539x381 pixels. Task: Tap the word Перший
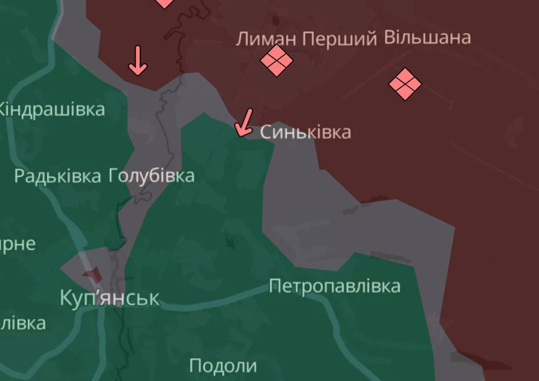coord(340,39)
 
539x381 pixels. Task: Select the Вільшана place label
coord(427,37)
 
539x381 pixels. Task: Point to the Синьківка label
coord(305,132)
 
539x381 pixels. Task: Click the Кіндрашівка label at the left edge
coord(52,109)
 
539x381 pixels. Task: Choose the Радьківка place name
coord(58,176)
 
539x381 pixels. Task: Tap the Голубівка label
coord(151,176)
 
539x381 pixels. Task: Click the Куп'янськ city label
coord(109,298)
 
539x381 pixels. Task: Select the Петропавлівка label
coord(334,286)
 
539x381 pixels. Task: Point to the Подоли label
coord(223,366)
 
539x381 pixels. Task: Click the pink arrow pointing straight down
coord(137,60)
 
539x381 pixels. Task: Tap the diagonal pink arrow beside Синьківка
coord(244,122)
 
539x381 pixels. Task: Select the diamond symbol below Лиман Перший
coord(277,60)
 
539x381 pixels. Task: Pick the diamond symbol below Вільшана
coord(405,84)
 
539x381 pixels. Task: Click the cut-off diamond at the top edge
coord(164,3)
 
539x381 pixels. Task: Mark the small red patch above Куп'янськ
coord(93,275)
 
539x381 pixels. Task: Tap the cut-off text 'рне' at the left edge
coord(18,244)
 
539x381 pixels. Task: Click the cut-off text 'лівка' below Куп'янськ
coord(23,323)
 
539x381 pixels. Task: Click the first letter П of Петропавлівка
coord(275,286)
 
